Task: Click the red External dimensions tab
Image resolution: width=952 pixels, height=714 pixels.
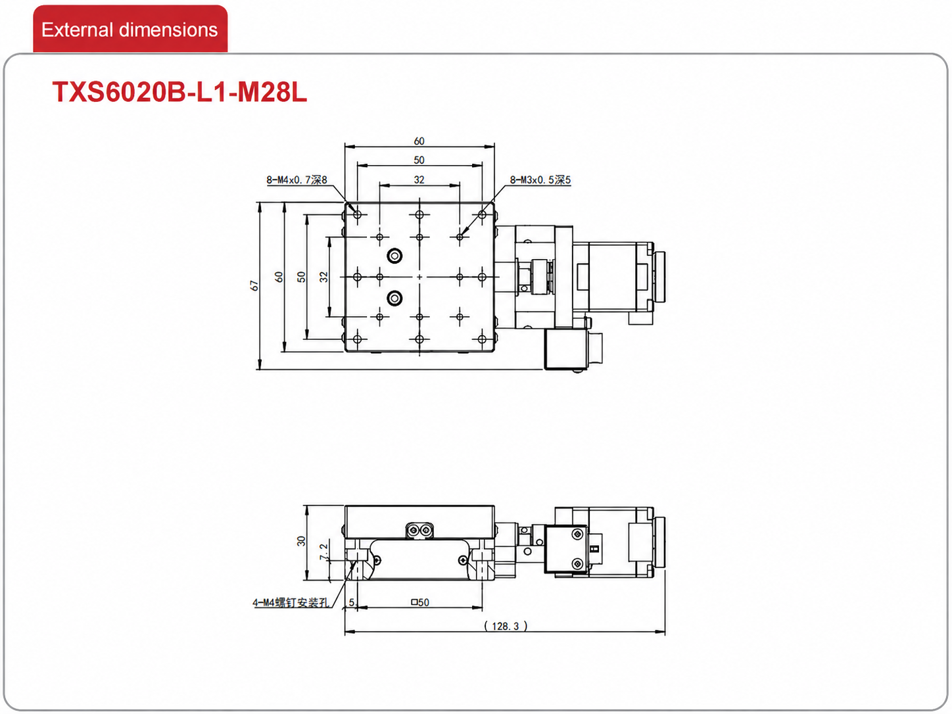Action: (x=130, y=29)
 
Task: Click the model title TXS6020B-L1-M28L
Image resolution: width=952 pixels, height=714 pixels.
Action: (x=179, y=92)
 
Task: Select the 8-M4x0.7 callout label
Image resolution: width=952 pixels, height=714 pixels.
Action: (x=297, y=179)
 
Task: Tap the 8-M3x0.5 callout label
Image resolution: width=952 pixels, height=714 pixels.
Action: (x=540, y=179)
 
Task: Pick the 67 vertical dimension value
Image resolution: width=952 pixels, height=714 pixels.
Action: (x=254, y=285)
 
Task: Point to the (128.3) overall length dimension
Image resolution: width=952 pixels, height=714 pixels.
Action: (x=506, y=626)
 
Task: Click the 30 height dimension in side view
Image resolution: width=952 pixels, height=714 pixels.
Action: (x=301, y=540)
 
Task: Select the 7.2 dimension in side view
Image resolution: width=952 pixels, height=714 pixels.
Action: (x=323, y=552)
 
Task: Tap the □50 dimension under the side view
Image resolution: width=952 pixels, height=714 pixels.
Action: (x=420, y=602)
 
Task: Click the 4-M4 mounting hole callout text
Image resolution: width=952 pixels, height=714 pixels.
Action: (x=291, y=602)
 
